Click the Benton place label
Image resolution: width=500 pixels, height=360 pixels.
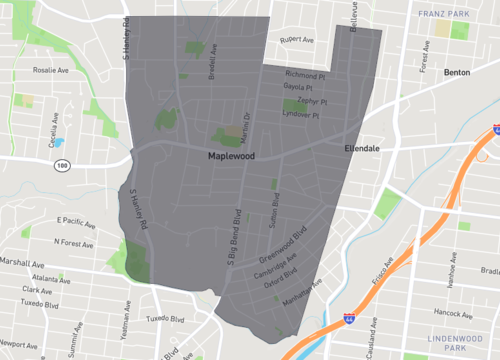[x=457, y=74]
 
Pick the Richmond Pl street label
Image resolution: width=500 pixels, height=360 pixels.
[x=306, y=74]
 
